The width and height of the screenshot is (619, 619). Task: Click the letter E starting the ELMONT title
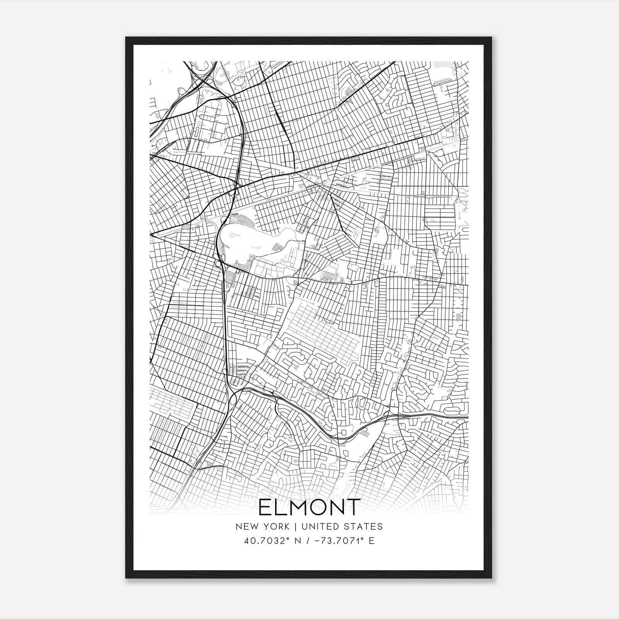coord(265,507)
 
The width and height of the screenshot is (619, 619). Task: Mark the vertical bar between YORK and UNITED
coord(295,526)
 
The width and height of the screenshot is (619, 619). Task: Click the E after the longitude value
coord(372,540)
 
